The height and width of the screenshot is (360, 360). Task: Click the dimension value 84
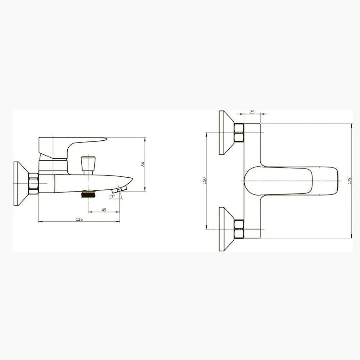[143, 164]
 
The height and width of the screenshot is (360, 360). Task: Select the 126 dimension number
[79, 219]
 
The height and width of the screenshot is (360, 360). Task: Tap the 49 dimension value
[104, 210]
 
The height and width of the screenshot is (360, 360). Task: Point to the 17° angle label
[112, 197]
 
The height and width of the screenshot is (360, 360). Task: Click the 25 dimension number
[252, 112]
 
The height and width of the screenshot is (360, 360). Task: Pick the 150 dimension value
[204, 181]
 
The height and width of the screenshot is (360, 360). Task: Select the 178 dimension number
[350, 181]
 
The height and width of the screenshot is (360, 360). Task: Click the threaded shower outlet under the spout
[88, 194]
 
